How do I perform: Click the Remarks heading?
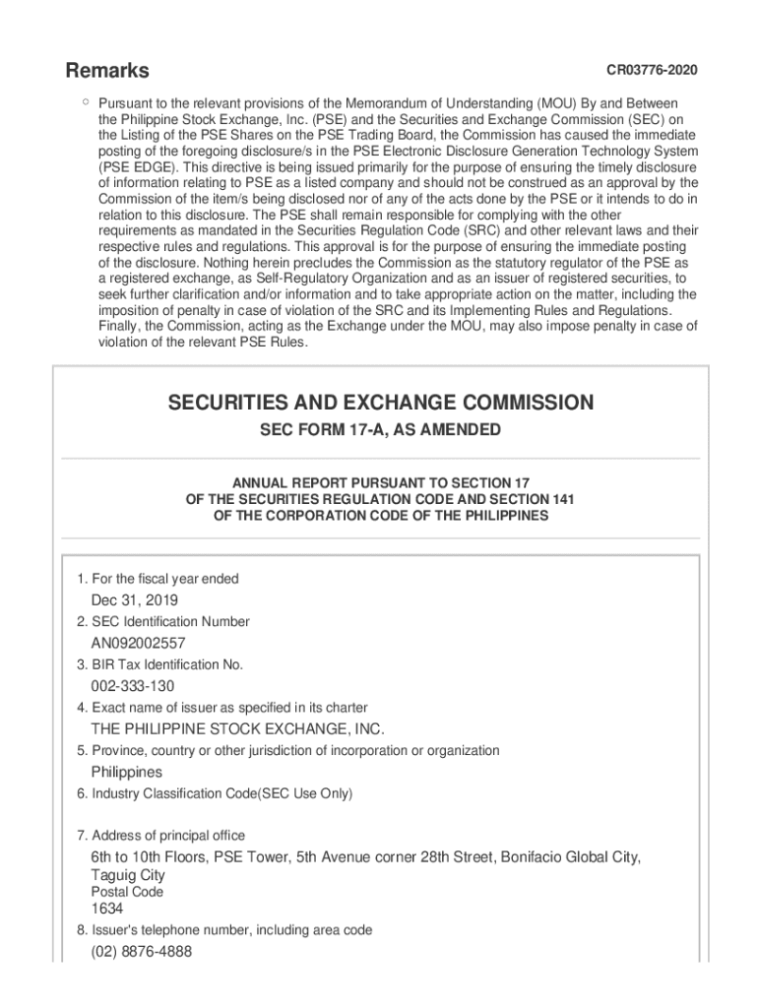(x=107, y=71)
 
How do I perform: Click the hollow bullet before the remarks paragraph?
(x=86, y=100)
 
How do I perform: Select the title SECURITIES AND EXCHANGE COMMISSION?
(x=380, y=403)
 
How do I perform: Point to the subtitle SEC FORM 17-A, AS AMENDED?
(x=380, y=431)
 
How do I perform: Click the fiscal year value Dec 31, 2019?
(x=135, y=600)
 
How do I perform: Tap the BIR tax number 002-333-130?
(x=134, y=686)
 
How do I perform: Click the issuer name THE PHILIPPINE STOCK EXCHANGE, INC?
(x=237, y=729)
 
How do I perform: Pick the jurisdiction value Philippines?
(x=127, y=772)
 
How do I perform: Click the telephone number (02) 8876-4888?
(x=142, y=952)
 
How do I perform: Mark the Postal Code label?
(x=127, y=892)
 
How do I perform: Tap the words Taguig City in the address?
(x=128, y=875)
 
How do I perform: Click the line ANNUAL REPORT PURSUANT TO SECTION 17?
(x=380, y=483)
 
